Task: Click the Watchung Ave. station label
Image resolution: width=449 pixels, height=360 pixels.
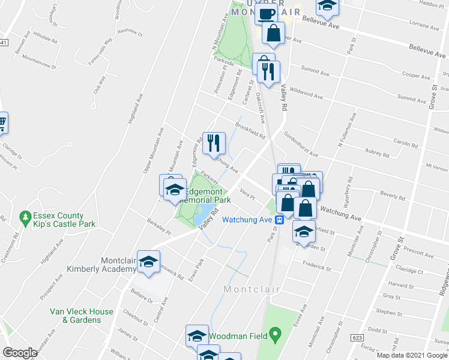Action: tap(248, 220)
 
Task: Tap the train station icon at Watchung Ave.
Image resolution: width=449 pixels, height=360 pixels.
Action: tap(280, 220)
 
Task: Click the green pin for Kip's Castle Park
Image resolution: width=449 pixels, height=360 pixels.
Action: tap(25, 215)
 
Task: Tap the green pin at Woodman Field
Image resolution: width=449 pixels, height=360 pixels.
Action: tap(276, 333)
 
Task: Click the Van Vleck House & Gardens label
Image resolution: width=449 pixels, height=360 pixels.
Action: tap(82, 316)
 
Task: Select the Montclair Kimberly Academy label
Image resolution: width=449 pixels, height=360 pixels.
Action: tap(102, 265)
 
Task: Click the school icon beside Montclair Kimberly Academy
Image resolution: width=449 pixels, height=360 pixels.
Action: tap(149, 262)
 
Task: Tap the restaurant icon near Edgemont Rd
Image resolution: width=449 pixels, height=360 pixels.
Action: tap(214, 143)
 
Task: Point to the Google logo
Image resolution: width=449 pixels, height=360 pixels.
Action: tap(20, 353)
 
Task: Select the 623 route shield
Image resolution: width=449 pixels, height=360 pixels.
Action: tap(358, 338)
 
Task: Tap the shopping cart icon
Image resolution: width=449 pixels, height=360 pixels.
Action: tap(2, 124)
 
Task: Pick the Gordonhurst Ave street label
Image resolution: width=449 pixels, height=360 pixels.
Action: tap(298, 144)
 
